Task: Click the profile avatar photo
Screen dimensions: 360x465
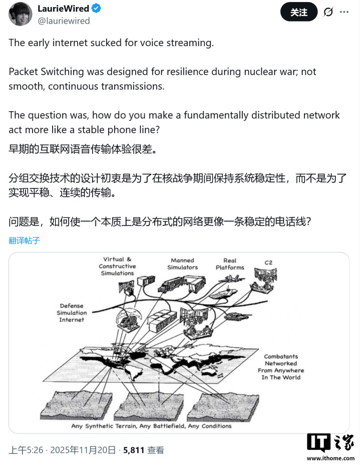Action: click(21, 14)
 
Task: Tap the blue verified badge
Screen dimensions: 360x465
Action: click(96, 9)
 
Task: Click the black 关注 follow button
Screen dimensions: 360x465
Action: click(299, 12)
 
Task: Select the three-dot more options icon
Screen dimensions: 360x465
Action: click(344, 12)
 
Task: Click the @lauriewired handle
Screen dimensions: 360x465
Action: click(64, 21)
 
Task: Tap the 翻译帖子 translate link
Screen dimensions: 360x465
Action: click(25, 240)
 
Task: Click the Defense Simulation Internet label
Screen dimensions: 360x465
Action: click(72, 313)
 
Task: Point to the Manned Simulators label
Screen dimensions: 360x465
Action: click(183, 264)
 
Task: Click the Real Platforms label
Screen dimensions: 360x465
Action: click(230, 264)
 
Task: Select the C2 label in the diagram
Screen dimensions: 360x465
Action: click(268, 263)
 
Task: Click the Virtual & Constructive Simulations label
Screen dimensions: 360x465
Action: click(117, 266)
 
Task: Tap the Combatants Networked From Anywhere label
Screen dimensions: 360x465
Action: click(281, 367)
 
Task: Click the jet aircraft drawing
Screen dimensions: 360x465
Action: click(235, 279)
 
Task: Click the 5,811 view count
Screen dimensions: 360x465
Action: click(134, 450)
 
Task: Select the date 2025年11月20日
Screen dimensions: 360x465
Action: click(83, 450)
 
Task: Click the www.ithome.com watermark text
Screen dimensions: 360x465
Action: click(330, 458)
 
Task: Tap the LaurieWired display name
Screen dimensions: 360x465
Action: click(64, 9)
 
